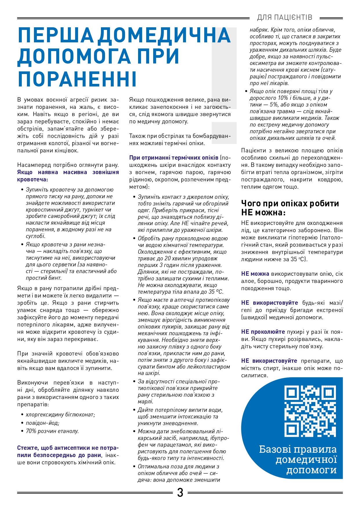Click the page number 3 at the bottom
pyautogui.click(x=180, y=492)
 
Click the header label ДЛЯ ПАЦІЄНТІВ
pyautogui.click(x=285, y=17)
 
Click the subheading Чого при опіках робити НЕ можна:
pyautogui.click(x=290, y=208)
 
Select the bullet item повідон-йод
pyautogui.click(x=42, y=423)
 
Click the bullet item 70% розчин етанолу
pyautogui.click(x=52, y=431)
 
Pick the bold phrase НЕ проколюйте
pyautogui.click(x=263, y=332)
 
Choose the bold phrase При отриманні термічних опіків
pyautogui.click(x=174, y=158)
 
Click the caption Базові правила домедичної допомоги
pyautogui.click(x=298, y=459)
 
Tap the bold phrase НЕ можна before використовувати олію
pyautogui.click(x=255, y=274)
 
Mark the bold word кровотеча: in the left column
pyautogui.click(x=32, y=179)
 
